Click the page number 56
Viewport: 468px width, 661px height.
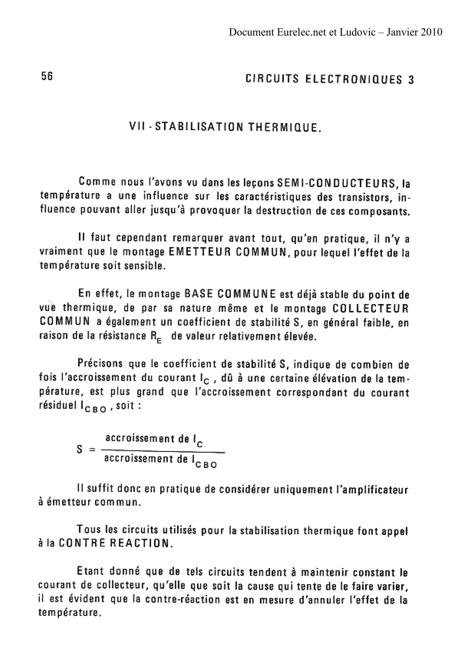tap(47, 76)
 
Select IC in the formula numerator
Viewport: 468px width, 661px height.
tap(198, 441)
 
